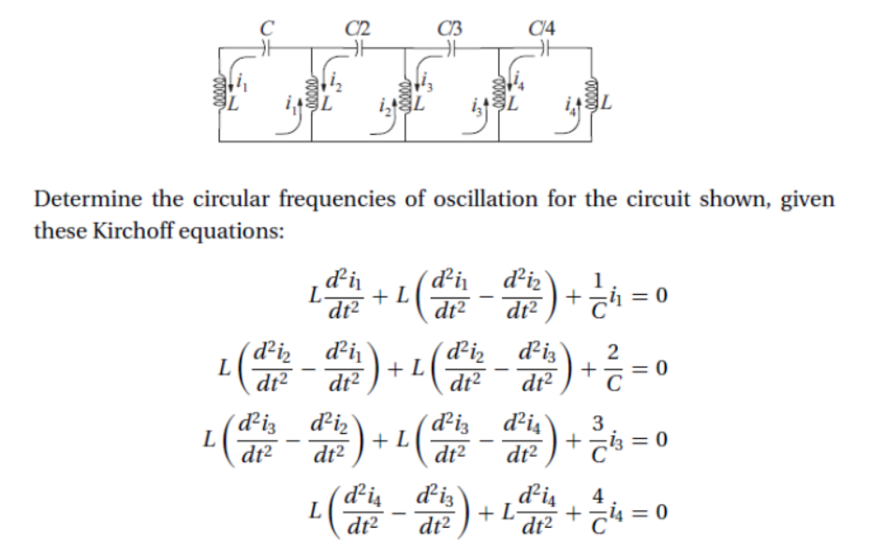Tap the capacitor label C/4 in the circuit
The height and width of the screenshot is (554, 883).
click(x=542, y=26)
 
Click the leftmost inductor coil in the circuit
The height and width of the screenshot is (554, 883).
click(x=224, y=91)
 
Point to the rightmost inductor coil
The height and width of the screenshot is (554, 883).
click(x=589, y=92)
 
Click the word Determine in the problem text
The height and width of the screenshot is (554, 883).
click(x=79, y=200)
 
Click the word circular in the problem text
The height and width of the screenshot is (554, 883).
click(x=221, y=200)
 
